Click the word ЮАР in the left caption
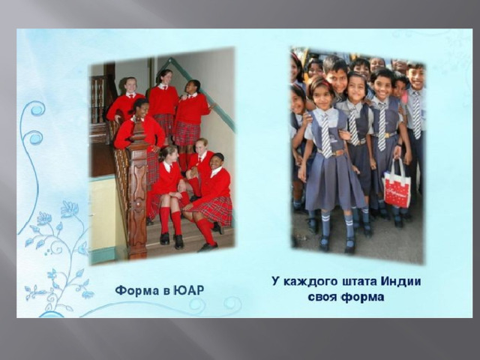[188, 290]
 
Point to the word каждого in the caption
[309, 282]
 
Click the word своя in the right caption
[322, 297]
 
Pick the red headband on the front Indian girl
[321, 82]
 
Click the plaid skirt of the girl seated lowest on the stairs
[212, 211]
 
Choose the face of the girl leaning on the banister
[139, 108]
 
